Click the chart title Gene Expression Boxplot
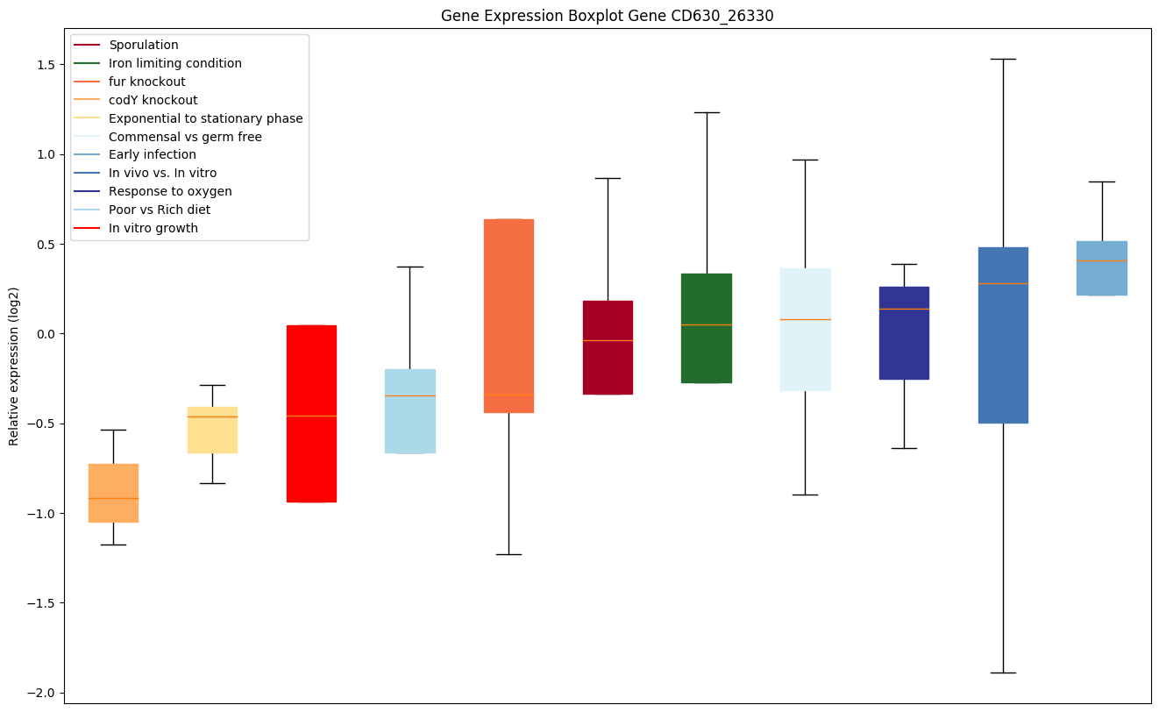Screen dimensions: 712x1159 pos(607,16)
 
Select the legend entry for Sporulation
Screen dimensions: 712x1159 pos(144,45)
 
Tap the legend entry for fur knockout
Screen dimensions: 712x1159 pos(147,82)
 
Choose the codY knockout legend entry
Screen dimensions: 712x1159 pos(153,100)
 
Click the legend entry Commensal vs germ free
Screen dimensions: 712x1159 pos(185,137)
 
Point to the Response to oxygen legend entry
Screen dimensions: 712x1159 pos(170,191)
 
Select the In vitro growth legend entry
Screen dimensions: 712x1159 pos(153,228)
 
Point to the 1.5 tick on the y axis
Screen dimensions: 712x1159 pos(46,65)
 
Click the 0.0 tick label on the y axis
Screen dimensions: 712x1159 pos(46,334)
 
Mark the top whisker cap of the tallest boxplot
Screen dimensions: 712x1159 pos(1003,59)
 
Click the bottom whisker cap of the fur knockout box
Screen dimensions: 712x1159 pos(508,554)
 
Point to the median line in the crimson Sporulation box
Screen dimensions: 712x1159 pos(608,340)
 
